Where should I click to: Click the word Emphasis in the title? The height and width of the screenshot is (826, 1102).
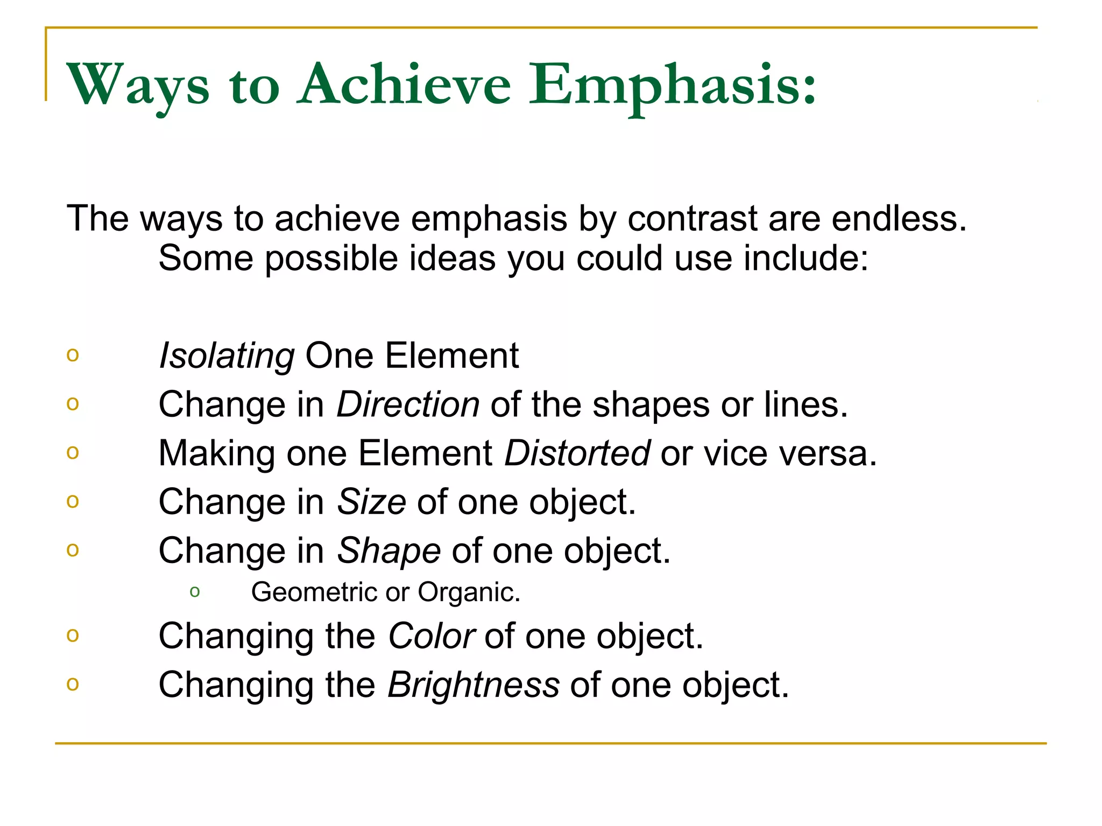[x=673, y=85]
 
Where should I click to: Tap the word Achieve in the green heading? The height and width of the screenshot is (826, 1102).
[x=404, y=85]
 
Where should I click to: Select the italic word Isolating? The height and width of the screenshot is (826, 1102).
[x=227, y=356]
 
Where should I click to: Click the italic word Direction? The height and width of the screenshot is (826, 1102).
[x=408, y=404]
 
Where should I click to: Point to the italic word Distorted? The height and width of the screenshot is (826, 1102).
[x=577, y=453]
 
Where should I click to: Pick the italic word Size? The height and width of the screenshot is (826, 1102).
[x=371, y=502]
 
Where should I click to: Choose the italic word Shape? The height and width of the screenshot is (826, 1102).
[x=389, y=551]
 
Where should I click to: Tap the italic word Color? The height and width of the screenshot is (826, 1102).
[x=431, y=636]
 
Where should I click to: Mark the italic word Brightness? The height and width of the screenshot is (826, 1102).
[x=474, y=685]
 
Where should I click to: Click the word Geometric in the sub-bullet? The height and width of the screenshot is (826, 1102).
[x=315, y=592]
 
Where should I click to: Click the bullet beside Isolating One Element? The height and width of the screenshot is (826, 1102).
[x=73, y=355]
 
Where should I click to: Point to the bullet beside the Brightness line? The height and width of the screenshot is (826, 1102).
[x=73, y=684]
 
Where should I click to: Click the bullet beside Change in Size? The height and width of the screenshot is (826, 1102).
[x=73, y=501]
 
